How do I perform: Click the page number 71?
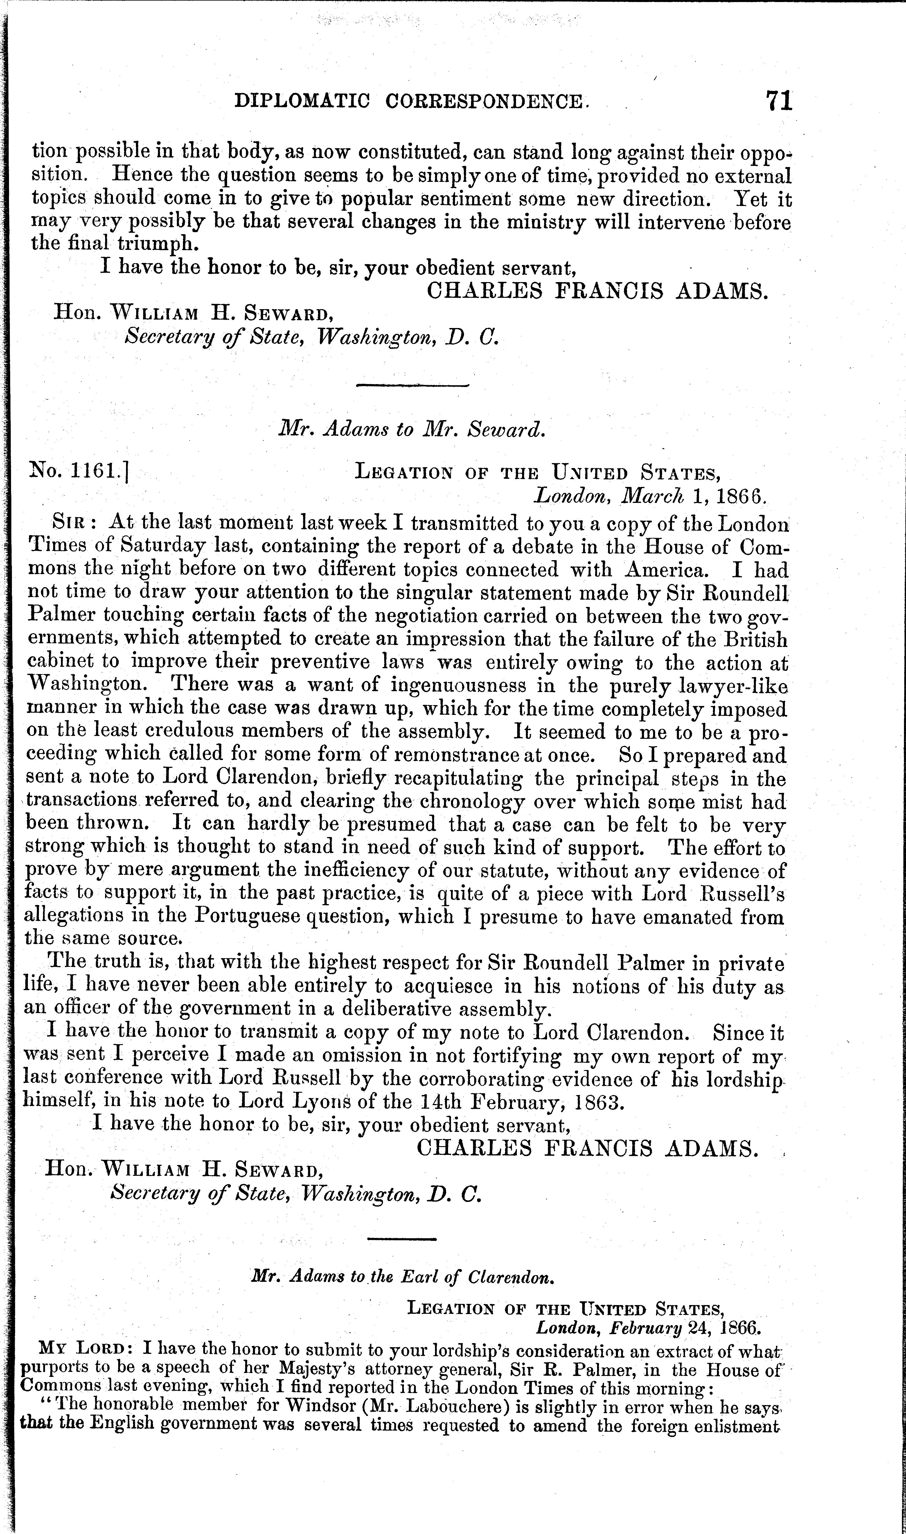click(779, 100)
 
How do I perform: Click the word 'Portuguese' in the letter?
click(245, 917)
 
